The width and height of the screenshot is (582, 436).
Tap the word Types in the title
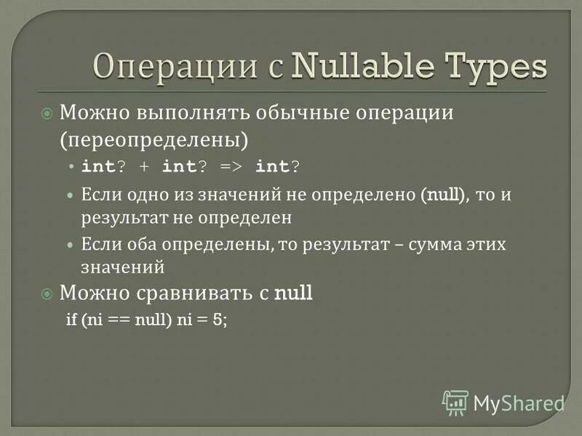(x=493, y=68)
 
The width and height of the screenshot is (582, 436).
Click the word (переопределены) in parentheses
(x=155, y=138)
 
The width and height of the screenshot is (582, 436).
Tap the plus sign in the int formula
(x=144, y=166)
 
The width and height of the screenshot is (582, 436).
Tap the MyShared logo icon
(x=455, y=402)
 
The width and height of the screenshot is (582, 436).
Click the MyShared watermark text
(x=519, y=403)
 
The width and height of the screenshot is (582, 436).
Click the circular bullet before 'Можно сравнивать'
(x=47, y=294)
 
